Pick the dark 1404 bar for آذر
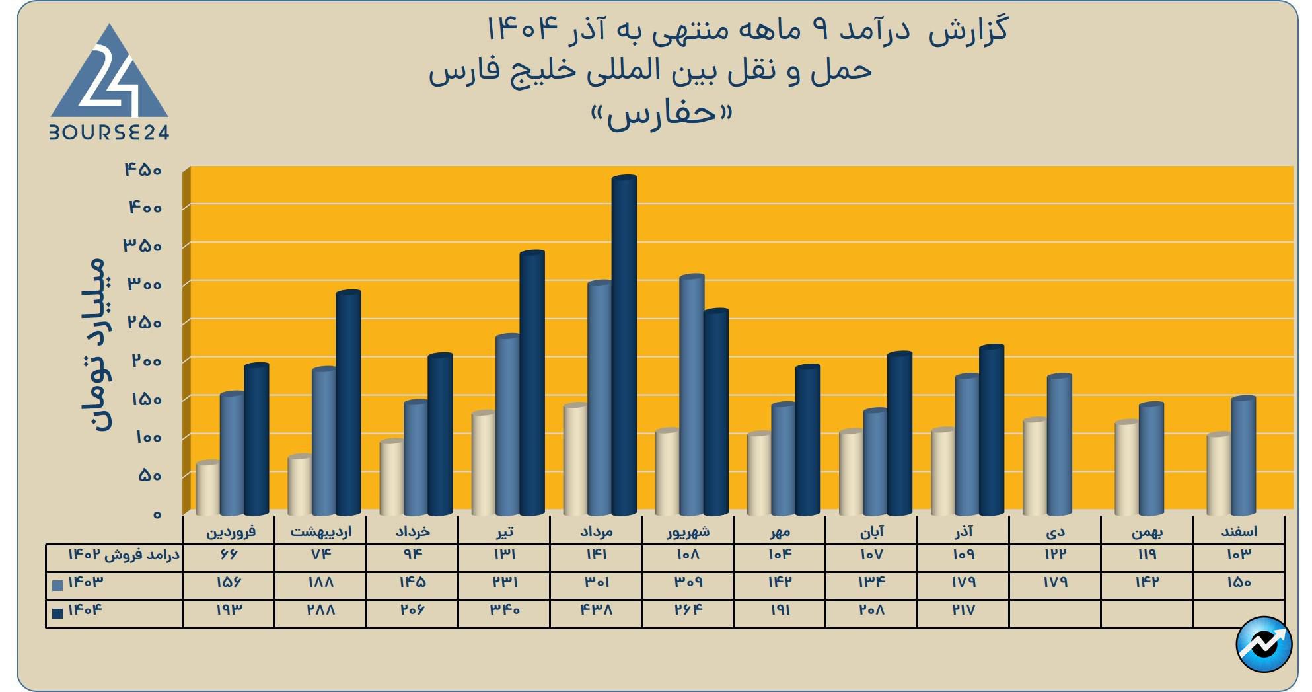coord(991,430)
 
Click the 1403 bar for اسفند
coord(1243,456)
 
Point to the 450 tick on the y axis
coord(143,170)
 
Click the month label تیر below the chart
coord(504,531)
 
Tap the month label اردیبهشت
coord(321,531)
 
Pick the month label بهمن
coord(1147,531)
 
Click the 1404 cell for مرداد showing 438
coord(597,609)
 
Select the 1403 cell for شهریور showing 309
coord(688,582)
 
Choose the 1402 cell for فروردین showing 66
coord(229,555)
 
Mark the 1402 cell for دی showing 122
coord(1055,555)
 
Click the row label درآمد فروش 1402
coord(124,555)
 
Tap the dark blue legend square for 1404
coord(57,613)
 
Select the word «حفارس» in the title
coord(662,114)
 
